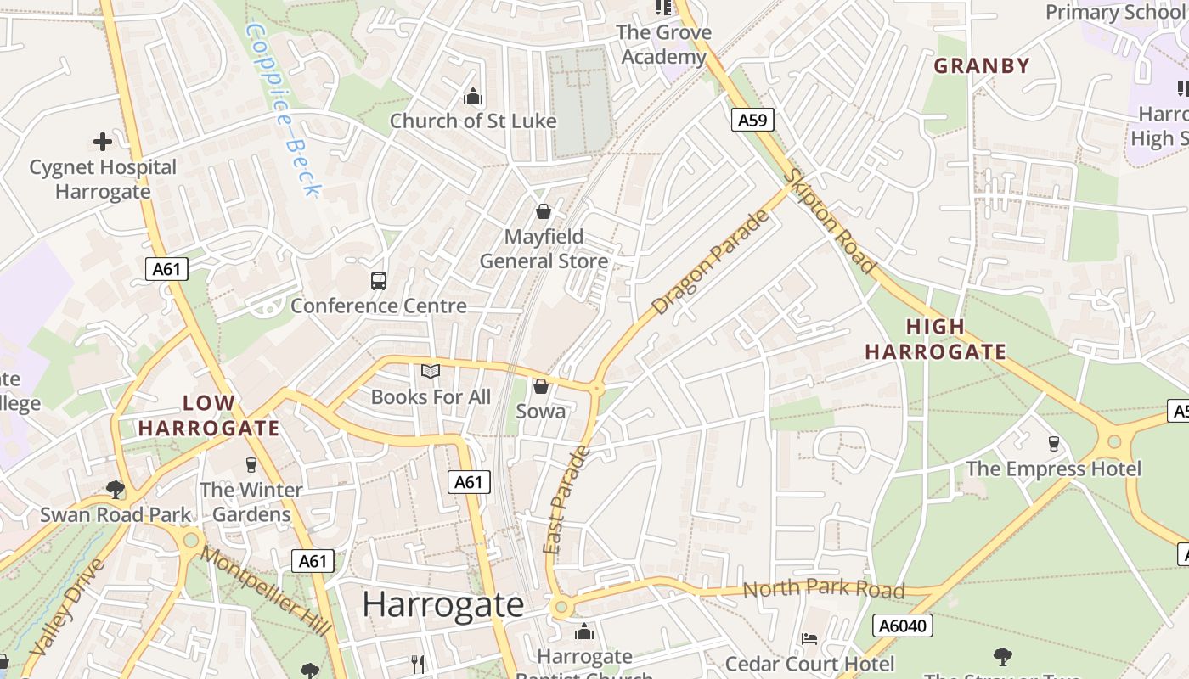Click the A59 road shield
[x=752, y=120]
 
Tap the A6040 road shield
[x=904, y=626]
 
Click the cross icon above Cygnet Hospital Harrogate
[x=103, y=142]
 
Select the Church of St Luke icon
[x=473, y=97]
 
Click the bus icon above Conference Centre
[x=379, y=281]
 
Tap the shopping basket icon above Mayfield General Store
[x=544, y=211]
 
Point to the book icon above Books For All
[x=431, y=372]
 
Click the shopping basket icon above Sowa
[x=540, y=387]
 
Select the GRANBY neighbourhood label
[x=982, y=65]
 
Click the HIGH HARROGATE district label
[x=935, y=339]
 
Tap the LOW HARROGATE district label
[x=208, y=415]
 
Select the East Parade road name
[x=566, y=501]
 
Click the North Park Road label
[x=823, y=588]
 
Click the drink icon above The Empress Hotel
[x=1053, y=443]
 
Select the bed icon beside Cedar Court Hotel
[x=809, y=638]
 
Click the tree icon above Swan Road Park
[x=116, y=489]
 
